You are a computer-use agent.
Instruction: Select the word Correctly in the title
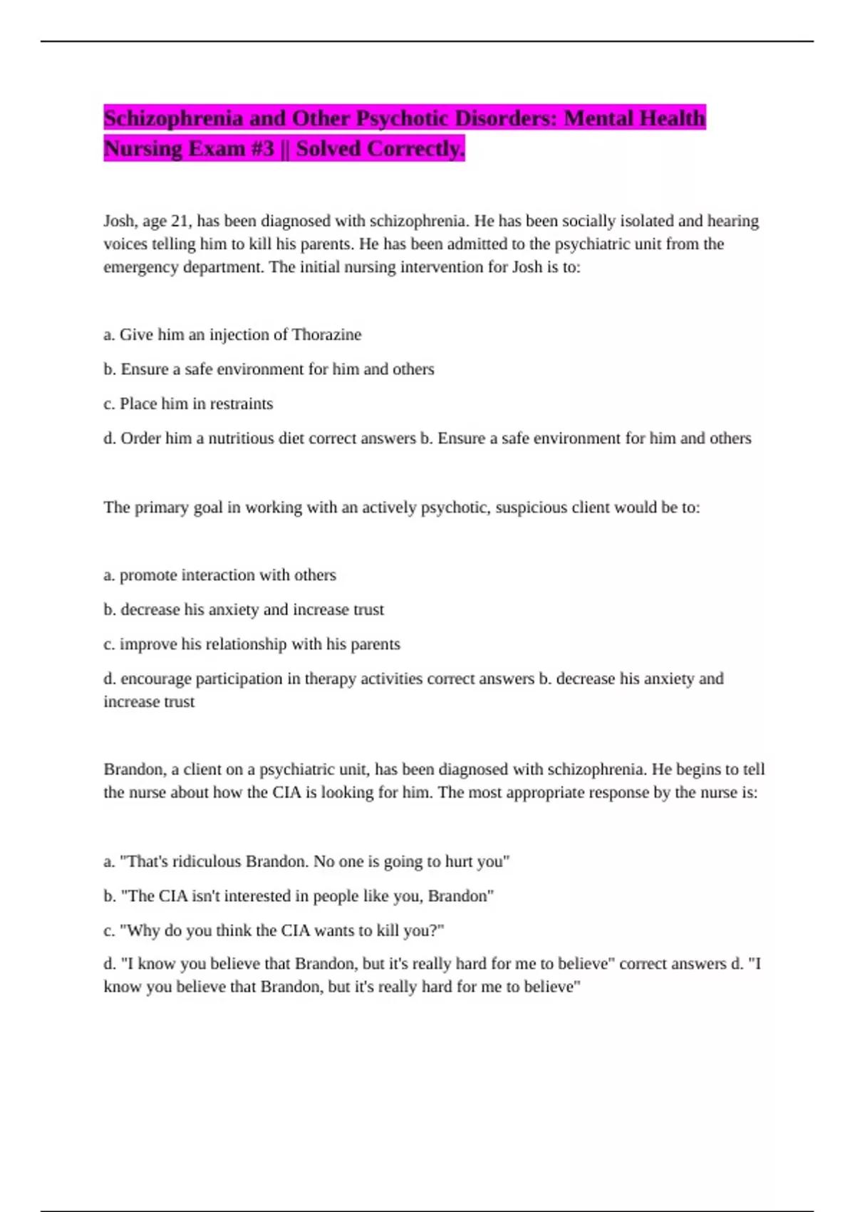(x=426, y=148)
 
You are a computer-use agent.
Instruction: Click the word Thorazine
(x=326, y=334)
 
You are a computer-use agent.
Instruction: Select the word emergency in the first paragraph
(x=140, y=267)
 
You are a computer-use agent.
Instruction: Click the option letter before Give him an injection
(x=109, y=334)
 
